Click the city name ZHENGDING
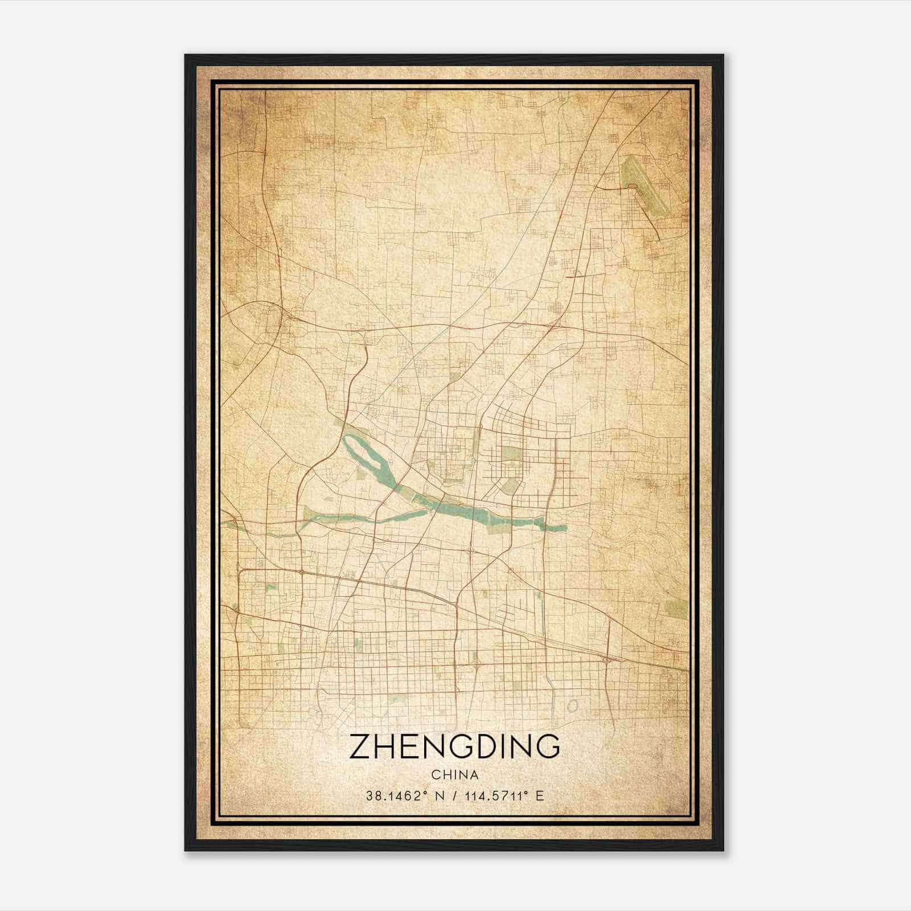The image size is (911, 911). pos(454,747)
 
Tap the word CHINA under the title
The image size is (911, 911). pos(454,775)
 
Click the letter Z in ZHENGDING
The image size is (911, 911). pos(360,747)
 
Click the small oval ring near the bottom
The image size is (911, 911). pos(573,706)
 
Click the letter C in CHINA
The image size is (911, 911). pos(435,775)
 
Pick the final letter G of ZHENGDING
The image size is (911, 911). pos(547,747)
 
